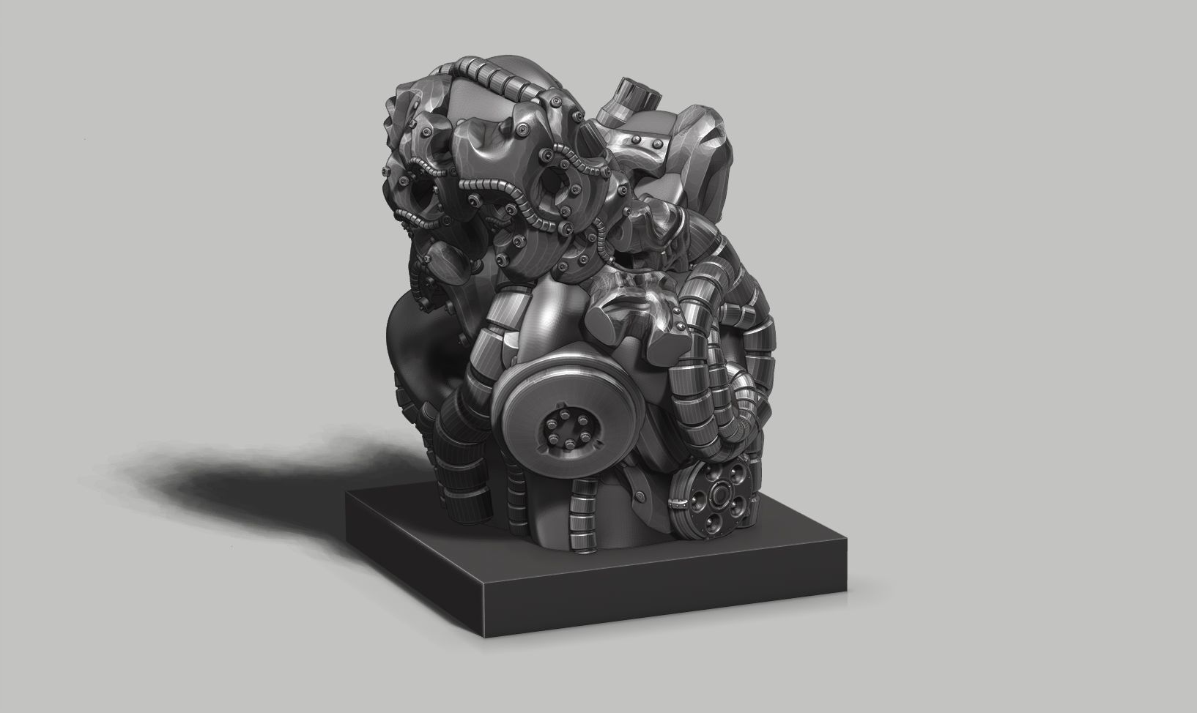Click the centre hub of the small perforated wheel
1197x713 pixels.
coord(718,497)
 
